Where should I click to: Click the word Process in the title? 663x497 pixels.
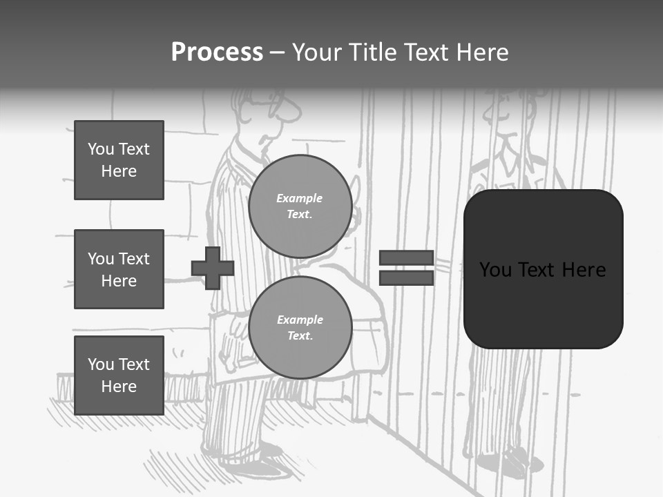click(217, 52)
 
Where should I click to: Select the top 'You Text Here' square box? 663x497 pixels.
click(119, 160)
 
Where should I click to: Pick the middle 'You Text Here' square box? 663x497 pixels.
click(119, 269)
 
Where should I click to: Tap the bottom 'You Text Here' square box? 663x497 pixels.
click(119, 375)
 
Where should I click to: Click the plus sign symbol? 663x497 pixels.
click(213, 268)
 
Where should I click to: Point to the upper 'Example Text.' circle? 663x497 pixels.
click(300, 206)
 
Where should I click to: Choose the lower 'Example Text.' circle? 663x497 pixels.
click(300, 327)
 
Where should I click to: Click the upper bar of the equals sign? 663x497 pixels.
click(406, 258)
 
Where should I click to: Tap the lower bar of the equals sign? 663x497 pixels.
click(406, 277)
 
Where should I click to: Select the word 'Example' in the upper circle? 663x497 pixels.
click(300, 198)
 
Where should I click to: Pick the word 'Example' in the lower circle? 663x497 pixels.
click(300, 320)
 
